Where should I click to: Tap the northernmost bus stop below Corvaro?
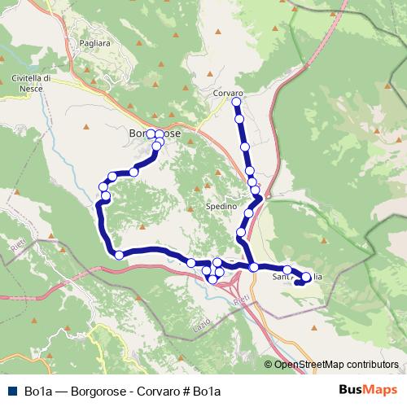coord(237,103)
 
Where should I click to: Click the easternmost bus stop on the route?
coord(306,278)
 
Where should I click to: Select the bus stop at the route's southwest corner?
coord(119,255)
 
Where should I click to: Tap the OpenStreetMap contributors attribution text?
coord(335,365)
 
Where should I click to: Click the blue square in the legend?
coord(11,392)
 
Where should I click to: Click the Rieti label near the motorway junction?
coord(241,300)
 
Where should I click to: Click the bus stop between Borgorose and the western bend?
coord(133,171)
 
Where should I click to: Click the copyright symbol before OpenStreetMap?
coord(269,365)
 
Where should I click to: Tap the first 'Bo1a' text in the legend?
coord(39,392)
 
